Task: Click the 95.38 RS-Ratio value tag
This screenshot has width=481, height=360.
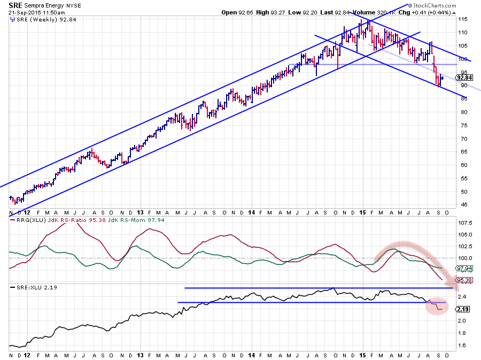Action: tap(463, 280)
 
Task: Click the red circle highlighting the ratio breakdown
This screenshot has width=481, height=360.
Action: tap(437, 306)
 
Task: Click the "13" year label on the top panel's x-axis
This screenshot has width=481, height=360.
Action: tap(139, 212)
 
